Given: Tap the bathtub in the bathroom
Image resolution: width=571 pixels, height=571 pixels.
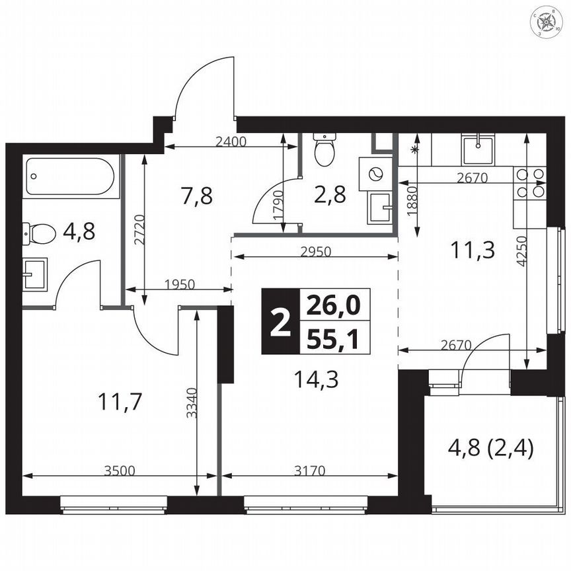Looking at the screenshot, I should (x=71, y=176).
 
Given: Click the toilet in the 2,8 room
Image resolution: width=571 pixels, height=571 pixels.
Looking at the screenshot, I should (x=324, y=150).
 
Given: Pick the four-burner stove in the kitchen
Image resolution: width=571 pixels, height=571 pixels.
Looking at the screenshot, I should (x=531, y=183).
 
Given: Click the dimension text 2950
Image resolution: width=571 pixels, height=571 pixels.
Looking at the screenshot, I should (x=315, y=251).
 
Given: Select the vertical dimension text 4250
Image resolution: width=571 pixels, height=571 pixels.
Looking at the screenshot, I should (x=523, y=250).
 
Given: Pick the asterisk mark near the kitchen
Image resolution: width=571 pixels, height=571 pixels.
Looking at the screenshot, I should (x=416, y=150).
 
